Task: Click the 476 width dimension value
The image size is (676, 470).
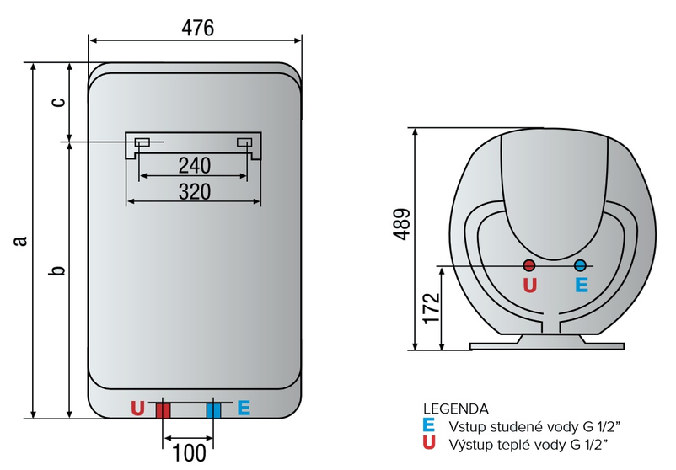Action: pos(198,27)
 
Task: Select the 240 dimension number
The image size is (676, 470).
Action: pos(194,163)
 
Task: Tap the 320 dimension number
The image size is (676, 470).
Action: pos(194,191)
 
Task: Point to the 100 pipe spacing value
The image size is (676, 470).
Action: pos(189,453)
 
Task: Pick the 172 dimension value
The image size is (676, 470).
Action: pos(431,309)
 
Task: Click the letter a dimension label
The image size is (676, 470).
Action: pos(19,241)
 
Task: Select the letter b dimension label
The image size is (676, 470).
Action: pos(56,270)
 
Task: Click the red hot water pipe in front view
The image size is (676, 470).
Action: pos(163,410)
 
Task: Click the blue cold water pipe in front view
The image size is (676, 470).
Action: pos(213,410)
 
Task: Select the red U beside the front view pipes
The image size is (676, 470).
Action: pos(138,409)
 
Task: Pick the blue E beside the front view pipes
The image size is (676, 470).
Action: pos(244,409)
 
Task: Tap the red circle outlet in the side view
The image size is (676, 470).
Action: pos(528,265)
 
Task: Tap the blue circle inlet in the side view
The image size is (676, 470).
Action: pos(580,265)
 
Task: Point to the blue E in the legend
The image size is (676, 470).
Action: pos(429,425)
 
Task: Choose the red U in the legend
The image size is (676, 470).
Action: pos(429,443)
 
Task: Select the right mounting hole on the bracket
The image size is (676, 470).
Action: pos(244,142)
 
